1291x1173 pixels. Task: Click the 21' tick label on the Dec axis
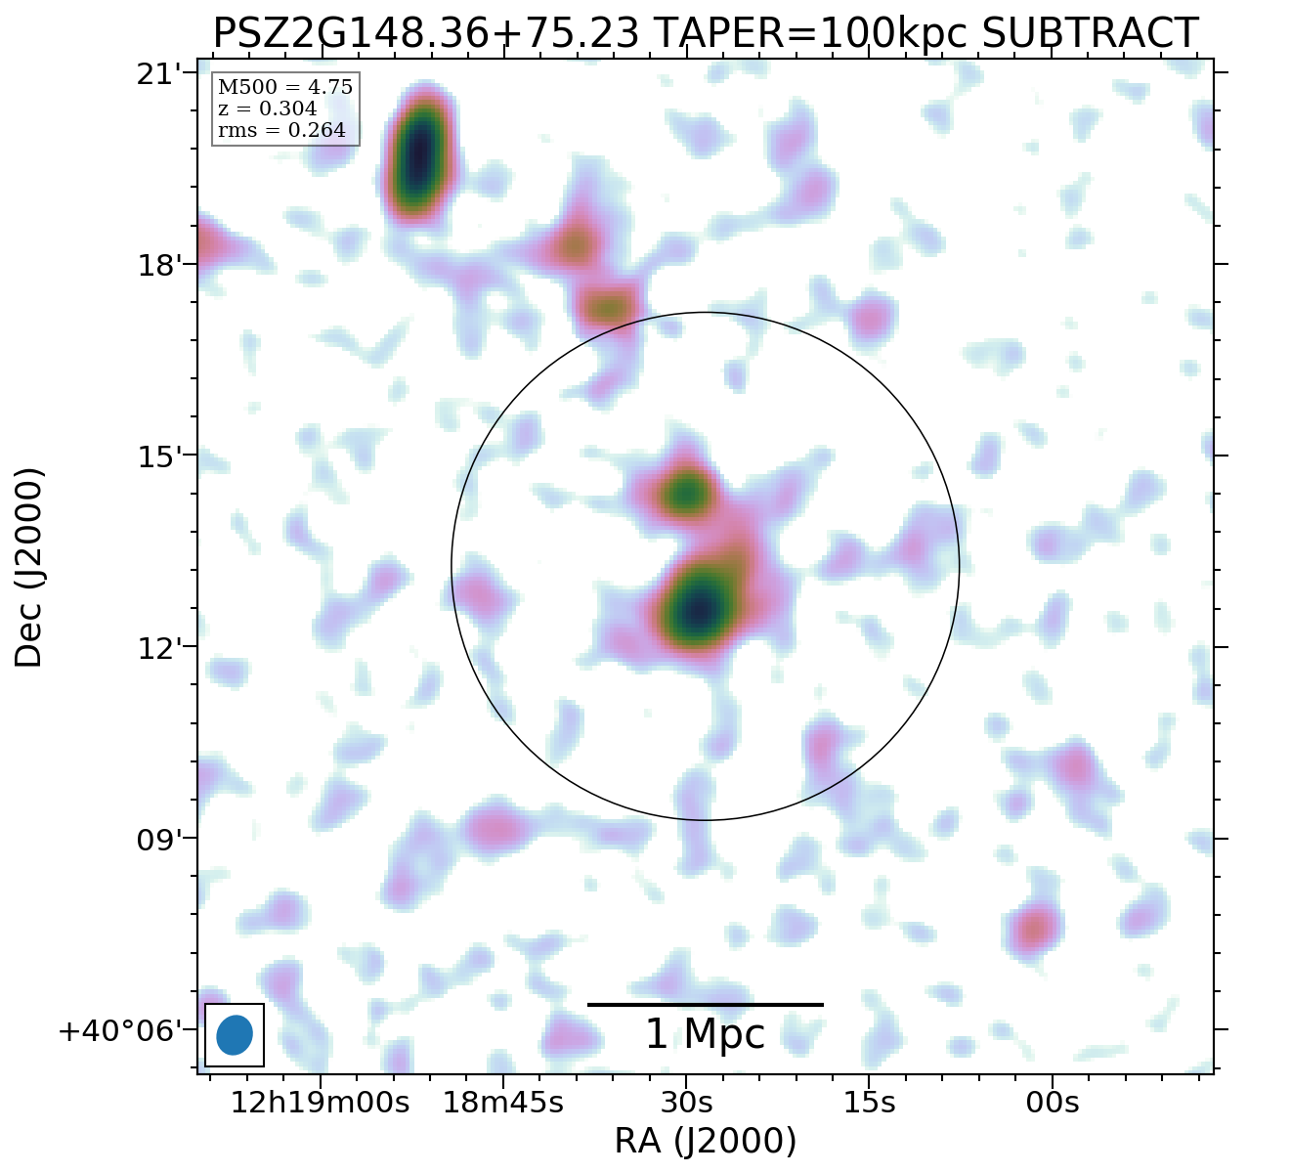coord(158,74)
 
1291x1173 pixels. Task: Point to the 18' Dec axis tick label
coord(158,266)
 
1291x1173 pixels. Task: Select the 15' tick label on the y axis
coord(158,456)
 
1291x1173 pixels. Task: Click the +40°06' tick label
coord(120,1031)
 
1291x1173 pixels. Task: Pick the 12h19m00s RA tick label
coord(320,1104)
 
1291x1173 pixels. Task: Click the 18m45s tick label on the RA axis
coord(503,1104)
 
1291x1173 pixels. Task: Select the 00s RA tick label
coord(1053,1104)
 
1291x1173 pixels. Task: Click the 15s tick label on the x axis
coord(869,1104)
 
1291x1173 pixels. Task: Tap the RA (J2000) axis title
coord(705,1142)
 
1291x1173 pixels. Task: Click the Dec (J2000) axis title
coord(29,567)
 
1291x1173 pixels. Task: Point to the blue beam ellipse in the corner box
coord(235,1035)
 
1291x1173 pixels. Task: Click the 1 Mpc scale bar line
coord(705,1004)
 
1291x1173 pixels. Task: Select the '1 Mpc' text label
coord(705,1035)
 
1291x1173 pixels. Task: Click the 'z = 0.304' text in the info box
coord(267,109)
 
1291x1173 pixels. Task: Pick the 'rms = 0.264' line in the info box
coord(281,131)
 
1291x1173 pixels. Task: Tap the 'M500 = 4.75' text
coord(284,88)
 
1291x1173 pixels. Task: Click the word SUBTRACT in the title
coord(1090,33)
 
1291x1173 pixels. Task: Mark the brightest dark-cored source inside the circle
coord(700,609)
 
